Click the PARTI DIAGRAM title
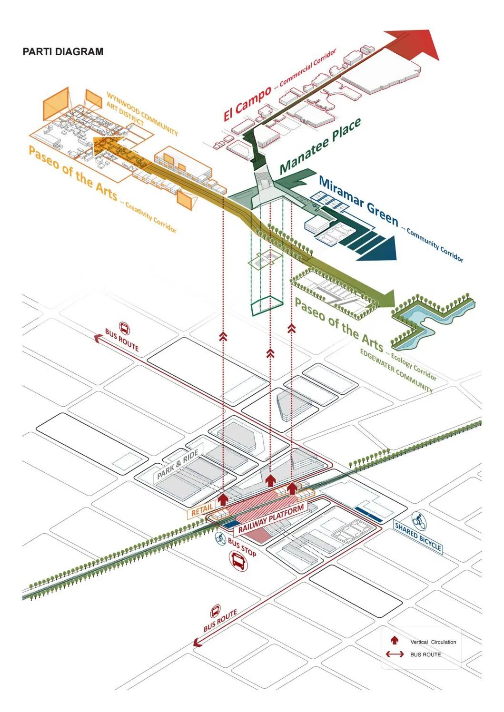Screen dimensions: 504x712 63,52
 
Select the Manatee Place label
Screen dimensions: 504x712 320,146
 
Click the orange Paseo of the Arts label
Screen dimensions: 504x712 72,173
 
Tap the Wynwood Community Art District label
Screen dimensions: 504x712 141,114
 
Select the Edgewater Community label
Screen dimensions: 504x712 396,371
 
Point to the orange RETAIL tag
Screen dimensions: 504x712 202,509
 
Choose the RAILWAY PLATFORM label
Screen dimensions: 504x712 271,519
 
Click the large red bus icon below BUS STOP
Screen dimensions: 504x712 238,562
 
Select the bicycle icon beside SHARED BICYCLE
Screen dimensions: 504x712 419,521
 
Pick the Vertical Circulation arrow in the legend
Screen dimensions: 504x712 395,641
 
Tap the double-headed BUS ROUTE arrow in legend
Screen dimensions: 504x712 395,654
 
